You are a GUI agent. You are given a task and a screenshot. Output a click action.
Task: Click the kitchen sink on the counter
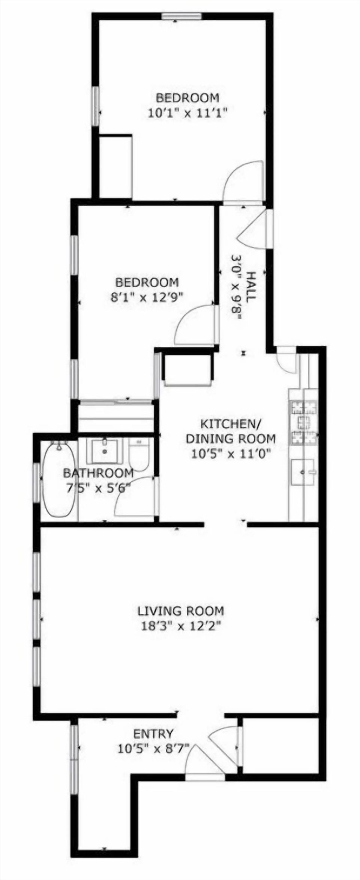(303, 473)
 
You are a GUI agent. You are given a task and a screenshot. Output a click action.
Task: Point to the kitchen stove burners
(303, 423)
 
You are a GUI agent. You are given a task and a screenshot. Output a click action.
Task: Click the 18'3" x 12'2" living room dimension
(180, 625)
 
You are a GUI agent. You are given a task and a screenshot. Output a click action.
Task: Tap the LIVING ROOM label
(180, 611)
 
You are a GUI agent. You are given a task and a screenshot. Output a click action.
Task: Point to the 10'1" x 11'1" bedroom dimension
(188, 113)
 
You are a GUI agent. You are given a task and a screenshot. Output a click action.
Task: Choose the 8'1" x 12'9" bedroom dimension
(147, 297)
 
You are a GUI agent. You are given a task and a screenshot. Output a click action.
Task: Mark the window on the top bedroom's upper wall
(181, 16)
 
